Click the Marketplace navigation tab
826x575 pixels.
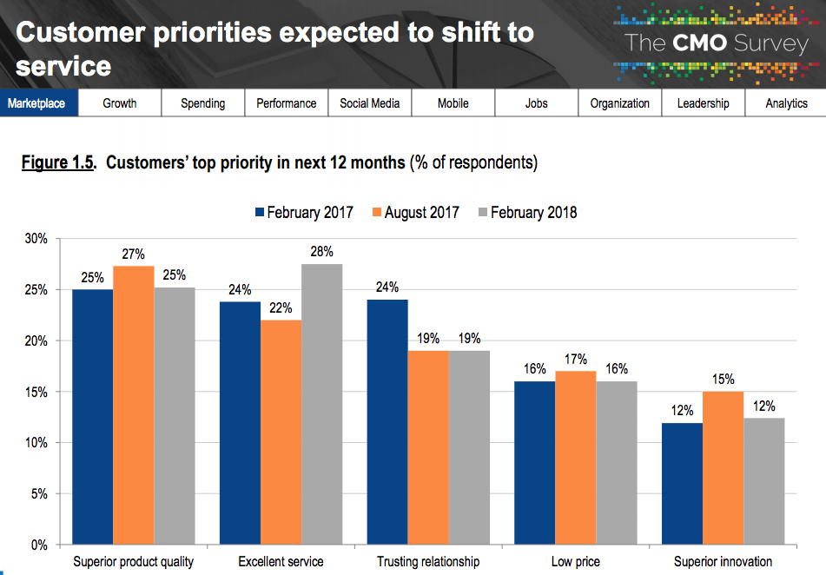pos(36,103)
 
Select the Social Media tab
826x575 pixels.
pos(369,103)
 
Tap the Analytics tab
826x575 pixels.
pos(786,103)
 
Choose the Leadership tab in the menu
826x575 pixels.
pos(703,103)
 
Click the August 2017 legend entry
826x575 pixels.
pos(413,212)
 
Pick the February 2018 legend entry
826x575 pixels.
pos(525,212)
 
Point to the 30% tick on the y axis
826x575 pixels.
pos(36,238)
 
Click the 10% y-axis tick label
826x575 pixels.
pos(36,443)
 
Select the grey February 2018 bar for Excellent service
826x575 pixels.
pos(321,404)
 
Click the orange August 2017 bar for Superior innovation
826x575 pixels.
pos(723,468)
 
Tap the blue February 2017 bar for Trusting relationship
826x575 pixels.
pos(387,422)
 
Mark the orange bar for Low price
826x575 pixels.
pos(575,458)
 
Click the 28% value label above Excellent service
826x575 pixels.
pos(321,251)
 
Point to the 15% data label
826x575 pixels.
pos(723,380)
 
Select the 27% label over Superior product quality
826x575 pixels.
pos(133,254)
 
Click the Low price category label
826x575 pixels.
pos(575,562)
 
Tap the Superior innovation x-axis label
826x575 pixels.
pos(723,562)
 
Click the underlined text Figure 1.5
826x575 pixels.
pos(58,162)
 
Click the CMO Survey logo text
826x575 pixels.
pos(716,43)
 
